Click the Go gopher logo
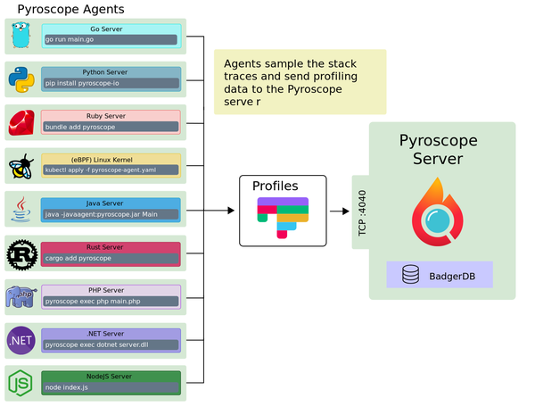[x=21, y=36]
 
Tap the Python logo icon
[x=21, y=79]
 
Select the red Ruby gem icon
[x=21, y=122]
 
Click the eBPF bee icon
[x=21, y=165]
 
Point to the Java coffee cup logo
[x=21, y=209]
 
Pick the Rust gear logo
[x=21, y=253]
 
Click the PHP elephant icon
[x=21, y=295]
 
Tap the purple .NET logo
[x=21, y=339]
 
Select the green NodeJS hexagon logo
[x=21, y=382]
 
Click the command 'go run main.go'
[x=111, y=40]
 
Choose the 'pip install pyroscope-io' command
[x=111, y=84]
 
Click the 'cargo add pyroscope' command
[x=111, y=259]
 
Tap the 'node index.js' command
[x=111, y=388]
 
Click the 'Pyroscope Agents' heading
[x=71, y=10]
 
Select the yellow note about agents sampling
[x=300, y=82]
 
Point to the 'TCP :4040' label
[x=362, y=211]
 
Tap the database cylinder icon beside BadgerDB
[x=410, y=275]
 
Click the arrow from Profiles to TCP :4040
[x=339, y=211]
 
